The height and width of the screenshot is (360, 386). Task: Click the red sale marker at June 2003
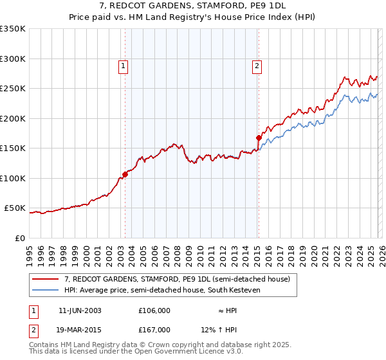125,174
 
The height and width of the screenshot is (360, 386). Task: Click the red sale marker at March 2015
259,138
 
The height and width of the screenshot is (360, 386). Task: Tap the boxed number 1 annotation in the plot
122,65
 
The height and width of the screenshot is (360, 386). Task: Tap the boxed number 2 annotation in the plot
257,65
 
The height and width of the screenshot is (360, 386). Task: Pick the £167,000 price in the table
154,330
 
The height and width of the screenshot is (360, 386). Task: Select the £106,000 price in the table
154,310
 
